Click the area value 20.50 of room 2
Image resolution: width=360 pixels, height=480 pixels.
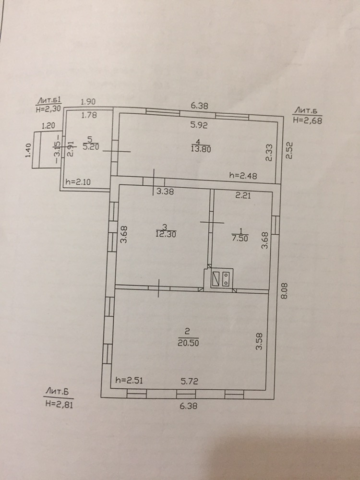[188, 343]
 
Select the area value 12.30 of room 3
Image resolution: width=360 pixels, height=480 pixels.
[164, 234]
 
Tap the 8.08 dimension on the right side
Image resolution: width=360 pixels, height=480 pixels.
[284, 290]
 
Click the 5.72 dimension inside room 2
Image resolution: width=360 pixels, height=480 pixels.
[190, 381]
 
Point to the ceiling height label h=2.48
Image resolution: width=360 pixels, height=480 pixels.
[243, 176]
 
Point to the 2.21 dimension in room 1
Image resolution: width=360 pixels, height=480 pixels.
[243, 195]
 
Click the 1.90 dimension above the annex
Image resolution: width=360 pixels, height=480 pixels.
[88, 102]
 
